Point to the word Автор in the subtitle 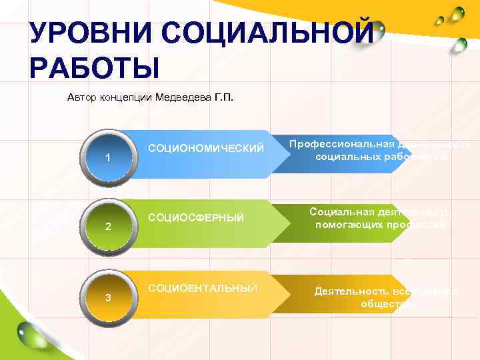[x=83, y=98]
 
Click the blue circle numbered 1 [x=107, y=157]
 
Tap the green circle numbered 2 [x=107, y=227]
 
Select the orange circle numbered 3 [x=107, y=297]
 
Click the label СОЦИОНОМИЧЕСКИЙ [x=205, y=147]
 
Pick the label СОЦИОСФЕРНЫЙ [x=196, y=217]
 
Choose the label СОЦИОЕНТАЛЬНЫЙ [x=203, y=287]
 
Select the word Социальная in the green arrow [x=341, y=211]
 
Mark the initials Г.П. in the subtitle [x=224, y=98]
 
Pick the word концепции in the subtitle [x=127, y=98]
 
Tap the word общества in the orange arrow [x=385, y=304]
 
